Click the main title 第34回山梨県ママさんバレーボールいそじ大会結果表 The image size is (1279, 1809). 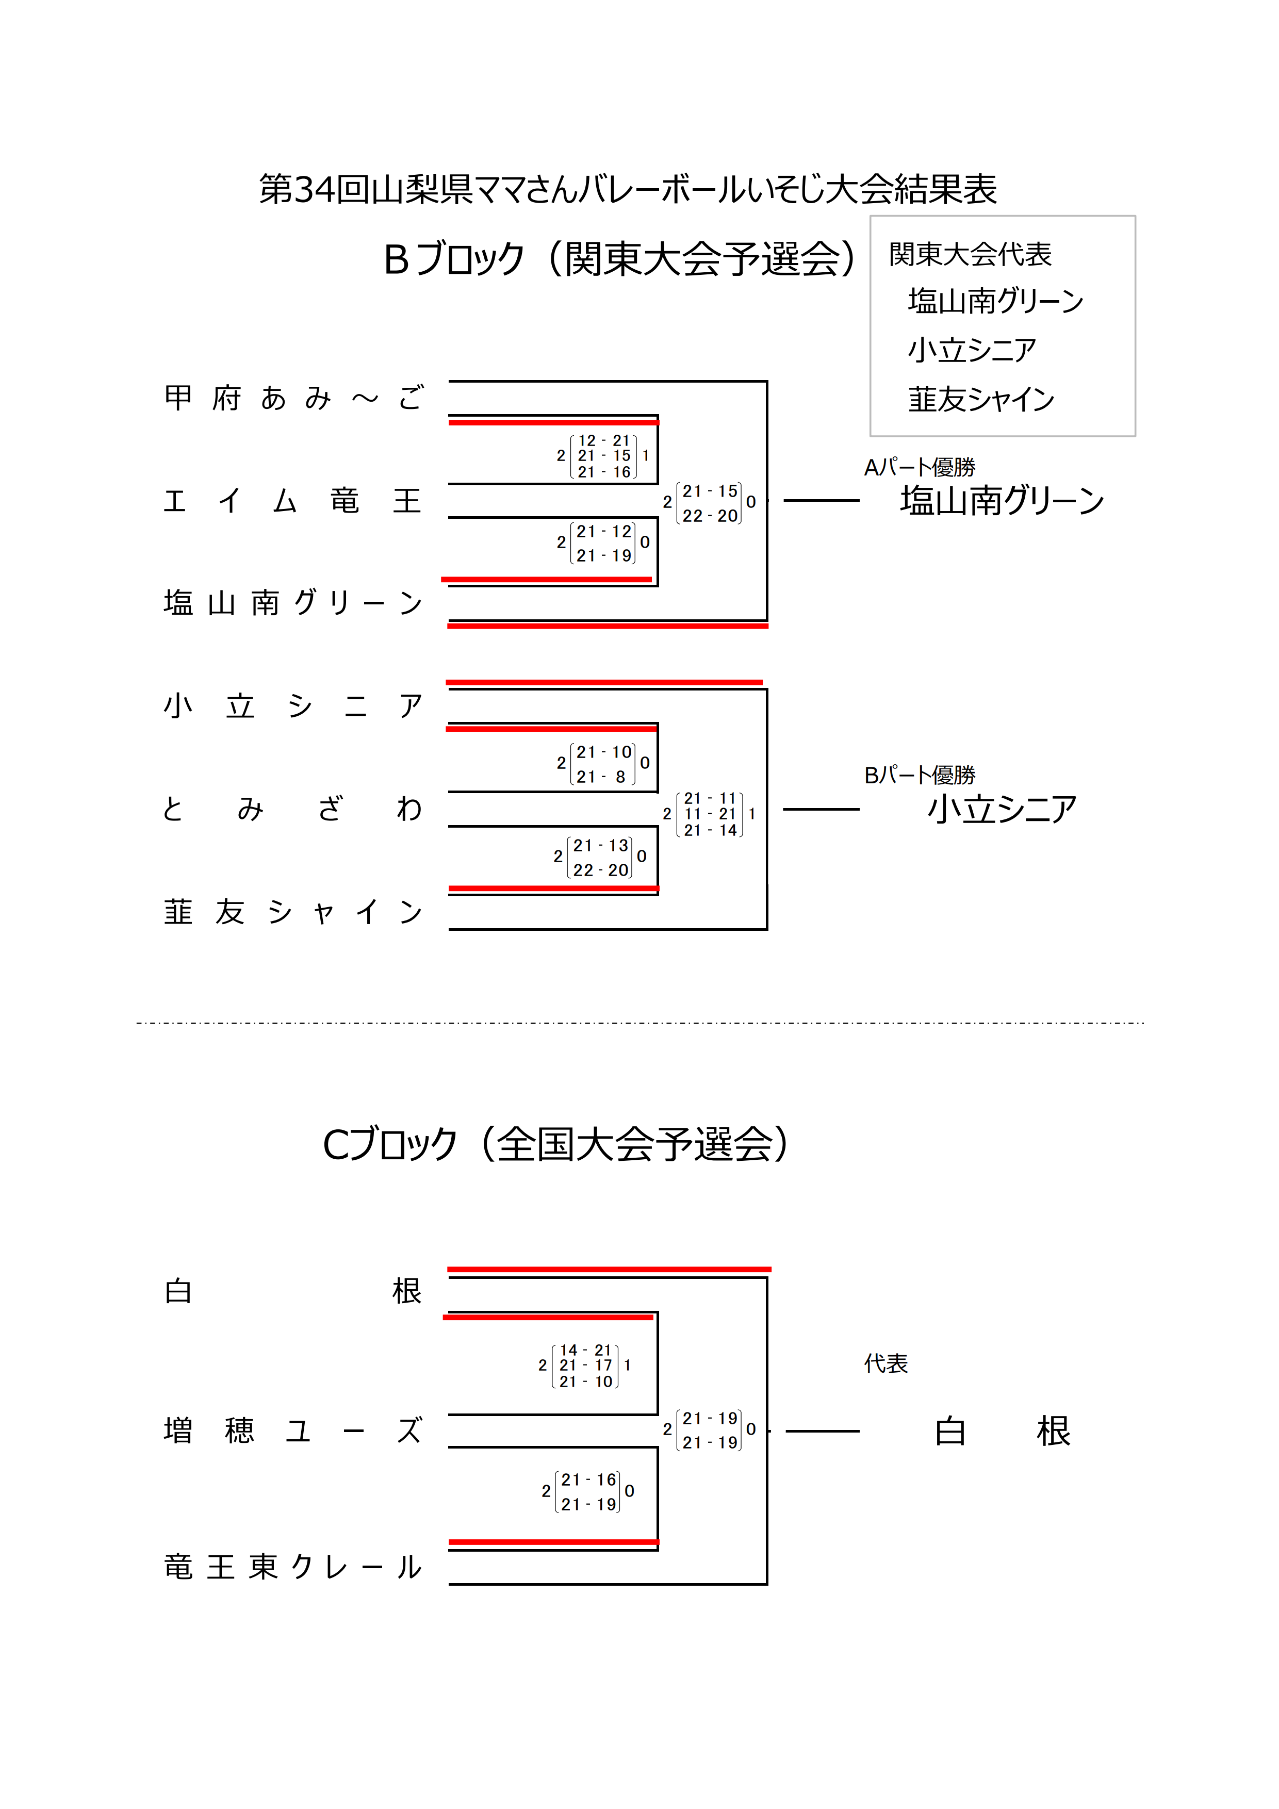point(628,189)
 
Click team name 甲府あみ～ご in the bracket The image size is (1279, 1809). point(293,398)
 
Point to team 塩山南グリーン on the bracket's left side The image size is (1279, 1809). point(293,603)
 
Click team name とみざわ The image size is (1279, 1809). point(293,809)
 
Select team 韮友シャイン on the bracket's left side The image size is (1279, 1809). point(293,912)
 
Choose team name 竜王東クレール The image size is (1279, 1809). point(293,1567)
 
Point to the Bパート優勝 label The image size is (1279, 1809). point(920,775)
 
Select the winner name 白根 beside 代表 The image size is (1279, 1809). point(1002,1432)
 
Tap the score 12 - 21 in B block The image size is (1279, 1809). point(603,440)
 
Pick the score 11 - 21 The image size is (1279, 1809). point(710,814)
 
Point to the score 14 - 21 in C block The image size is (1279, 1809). point(585,1350)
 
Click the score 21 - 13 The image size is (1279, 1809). point(600,845)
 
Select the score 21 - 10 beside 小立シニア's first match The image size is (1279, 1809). point(603,752)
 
